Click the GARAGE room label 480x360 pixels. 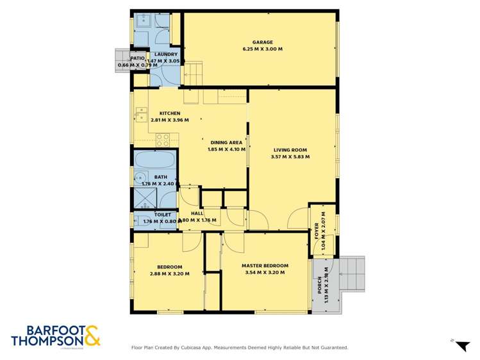point(263,42)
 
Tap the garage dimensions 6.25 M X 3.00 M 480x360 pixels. point(263,49)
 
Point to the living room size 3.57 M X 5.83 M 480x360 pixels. point(290,157)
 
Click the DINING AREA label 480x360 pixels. point(226,143)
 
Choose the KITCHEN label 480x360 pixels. point(161,113)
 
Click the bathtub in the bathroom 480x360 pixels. point(156,159)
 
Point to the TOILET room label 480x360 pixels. point(162,215)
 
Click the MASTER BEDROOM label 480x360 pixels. point(265,265)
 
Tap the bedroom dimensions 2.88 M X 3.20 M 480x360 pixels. point(170,274)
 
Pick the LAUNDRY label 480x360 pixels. point(166,54)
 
